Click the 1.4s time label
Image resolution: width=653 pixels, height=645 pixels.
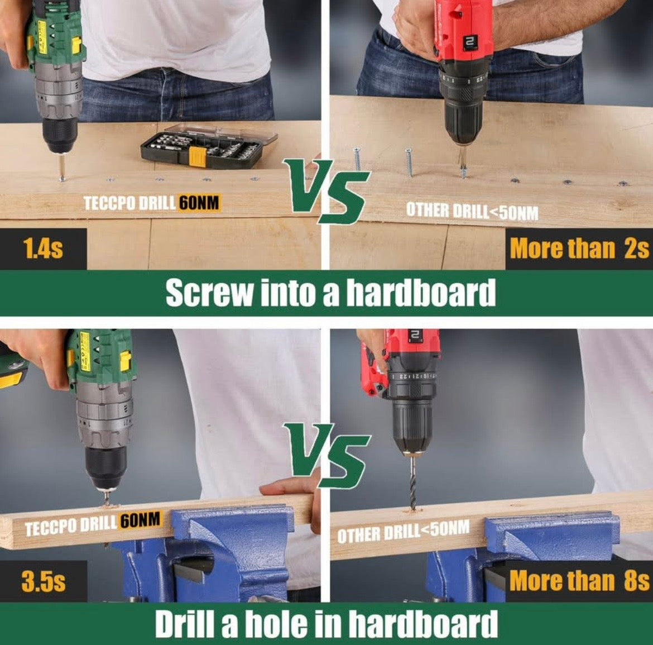pos(44,249)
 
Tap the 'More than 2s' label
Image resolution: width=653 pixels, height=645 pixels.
pos(580,249)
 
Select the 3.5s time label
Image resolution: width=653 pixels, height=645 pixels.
pos(44,581)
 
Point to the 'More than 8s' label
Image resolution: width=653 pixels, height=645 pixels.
pos(580,581)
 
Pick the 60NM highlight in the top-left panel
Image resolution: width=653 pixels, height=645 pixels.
pos(199,203)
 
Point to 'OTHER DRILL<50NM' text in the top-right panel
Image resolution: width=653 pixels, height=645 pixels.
pos(472,212)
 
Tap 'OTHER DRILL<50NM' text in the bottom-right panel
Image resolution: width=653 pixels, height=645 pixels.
pos(403,531)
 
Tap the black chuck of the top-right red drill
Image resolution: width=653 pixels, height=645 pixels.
pos(463,120)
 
